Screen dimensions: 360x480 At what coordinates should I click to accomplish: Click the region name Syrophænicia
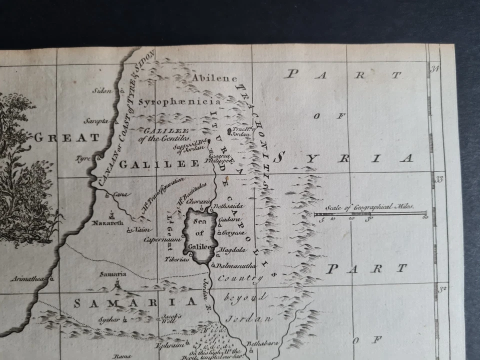click(x=179, y=102)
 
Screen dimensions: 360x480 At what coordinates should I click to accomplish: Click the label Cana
click(x=120, y=194)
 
